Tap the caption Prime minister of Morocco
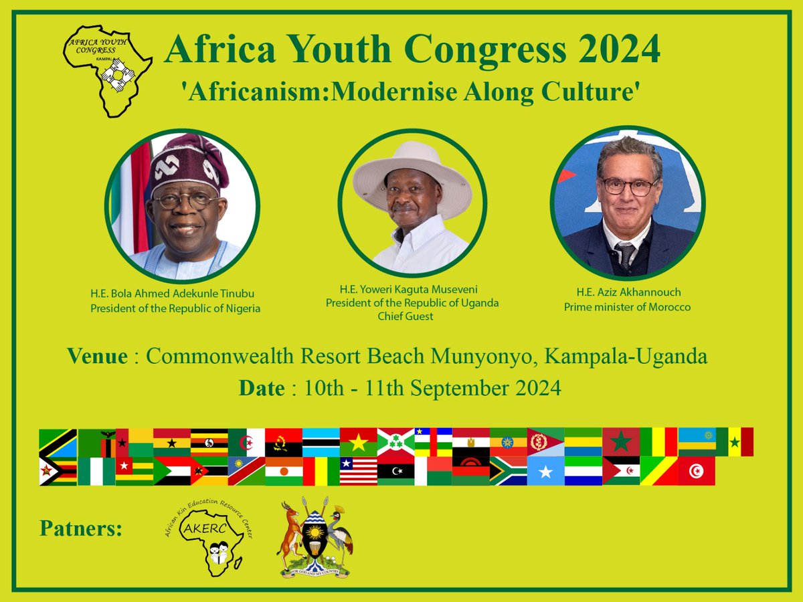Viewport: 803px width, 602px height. [x=627, y=307]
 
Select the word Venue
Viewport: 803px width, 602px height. [x=97, y=357]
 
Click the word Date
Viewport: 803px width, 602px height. [x=262, y=388]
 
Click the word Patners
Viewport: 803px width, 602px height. [x=81, y=529]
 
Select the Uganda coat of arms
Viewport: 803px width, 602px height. [x=315, y=537]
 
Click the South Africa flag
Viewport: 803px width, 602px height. [x=508, y=471]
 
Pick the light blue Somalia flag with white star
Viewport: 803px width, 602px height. [x=545, y=471]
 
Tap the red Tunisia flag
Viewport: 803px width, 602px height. [x=696, y=471]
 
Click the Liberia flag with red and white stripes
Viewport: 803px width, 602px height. [x=358, y=471]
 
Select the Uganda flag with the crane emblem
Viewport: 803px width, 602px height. [x=209, y=442]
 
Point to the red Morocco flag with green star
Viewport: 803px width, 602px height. [x=621, y=442]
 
